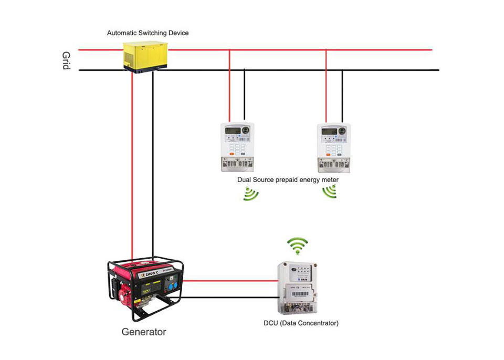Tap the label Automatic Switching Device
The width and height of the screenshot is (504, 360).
click(x=148, y=33)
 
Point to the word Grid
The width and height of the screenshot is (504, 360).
click(x=66, y=61)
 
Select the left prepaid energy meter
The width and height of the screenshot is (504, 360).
click(x=236, y=147)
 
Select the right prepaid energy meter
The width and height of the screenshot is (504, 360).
click(x=334, y=147)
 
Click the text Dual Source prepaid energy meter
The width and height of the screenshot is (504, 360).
click(x=288, y=179)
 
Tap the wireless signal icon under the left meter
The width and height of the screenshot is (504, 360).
click(x=251, y=194)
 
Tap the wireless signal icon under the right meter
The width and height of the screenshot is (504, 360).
click(x=329, y=193)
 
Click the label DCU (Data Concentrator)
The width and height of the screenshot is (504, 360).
click(x=301, y=323)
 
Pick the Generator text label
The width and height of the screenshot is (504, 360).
click(x=144, y=332)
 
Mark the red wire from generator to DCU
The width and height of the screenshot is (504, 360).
click(x=231, y=281)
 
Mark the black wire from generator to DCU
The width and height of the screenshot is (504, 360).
click(x=231, y=298)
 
